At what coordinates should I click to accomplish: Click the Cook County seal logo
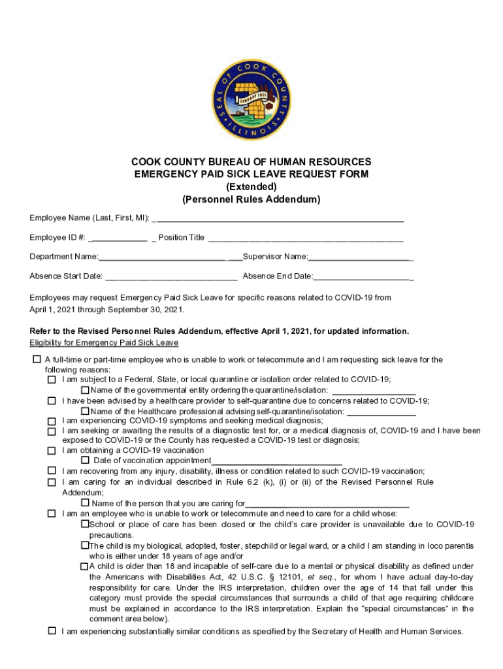252,97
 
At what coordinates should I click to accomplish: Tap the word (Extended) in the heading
252,186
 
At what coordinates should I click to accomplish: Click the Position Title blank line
306,238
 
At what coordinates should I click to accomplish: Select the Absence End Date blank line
363,277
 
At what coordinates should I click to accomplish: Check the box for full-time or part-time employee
37,359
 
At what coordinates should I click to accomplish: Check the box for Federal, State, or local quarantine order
52,380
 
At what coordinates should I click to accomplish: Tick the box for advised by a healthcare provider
52,400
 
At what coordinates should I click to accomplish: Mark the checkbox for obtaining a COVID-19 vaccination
52,450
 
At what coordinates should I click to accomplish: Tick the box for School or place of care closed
85,524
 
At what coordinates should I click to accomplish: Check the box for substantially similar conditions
52,631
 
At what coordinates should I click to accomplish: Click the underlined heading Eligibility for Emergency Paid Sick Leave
104,343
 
